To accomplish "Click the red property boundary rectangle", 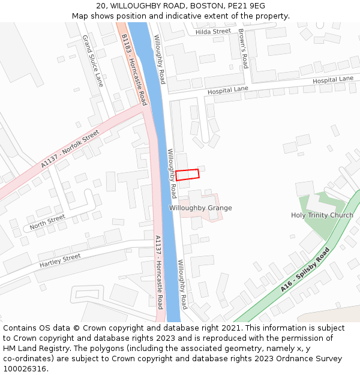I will click(187, 175).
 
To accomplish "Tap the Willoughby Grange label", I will click(200, 208).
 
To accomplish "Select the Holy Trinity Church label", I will click(322, 215).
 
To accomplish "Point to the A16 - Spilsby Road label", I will click(305, 270).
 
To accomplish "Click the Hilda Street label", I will click(213, 31).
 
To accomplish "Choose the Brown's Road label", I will click(242, 48).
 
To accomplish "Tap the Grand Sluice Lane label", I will click(93, 61).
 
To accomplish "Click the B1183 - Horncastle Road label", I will click(134, 69).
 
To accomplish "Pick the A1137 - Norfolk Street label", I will click(70, 149).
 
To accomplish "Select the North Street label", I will click(47, 221).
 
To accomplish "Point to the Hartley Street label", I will click(60, 260).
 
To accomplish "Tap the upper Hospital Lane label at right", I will click(333, 79).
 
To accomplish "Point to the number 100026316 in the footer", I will click(25, 368).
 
